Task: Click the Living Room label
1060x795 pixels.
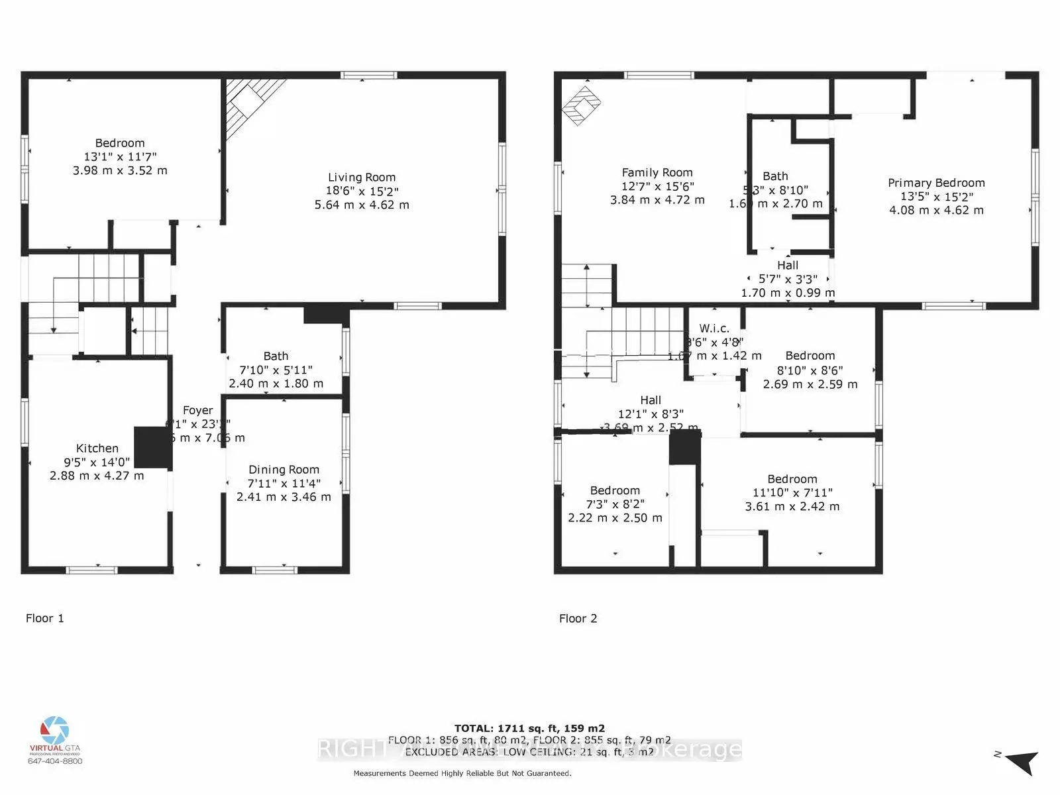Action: coord(362,178)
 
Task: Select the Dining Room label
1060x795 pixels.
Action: coord(284,470)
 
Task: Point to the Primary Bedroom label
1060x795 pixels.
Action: coord(936,183)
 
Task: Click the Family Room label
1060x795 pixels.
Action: coord(657,173)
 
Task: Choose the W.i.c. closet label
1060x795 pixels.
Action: coord(714,329)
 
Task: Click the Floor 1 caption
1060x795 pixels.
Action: coord(45,618)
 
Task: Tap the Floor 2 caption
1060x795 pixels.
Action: coord(578,618)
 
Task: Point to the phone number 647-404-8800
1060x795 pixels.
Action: coord(55,761)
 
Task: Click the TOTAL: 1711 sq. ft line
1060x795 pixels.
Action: coord(529,728)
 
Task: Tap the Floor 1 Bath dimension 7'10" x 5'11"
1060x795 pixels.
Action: coord(276,370)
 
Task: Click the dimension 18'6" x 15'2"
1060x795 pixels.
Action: coord(362,191)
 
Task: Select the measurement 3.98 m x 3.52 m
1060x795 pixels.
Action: coord(120,170)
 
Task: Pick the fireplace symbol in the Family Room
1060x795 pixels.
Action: coord(581,105)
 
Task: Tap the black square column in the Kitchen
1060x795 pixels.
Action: coord(153,448)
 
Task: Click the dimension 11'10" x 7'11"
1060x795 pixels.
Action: coord(792,493)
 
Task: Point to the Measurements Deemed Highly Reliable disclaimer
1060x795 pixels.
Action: coord(462,773)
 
